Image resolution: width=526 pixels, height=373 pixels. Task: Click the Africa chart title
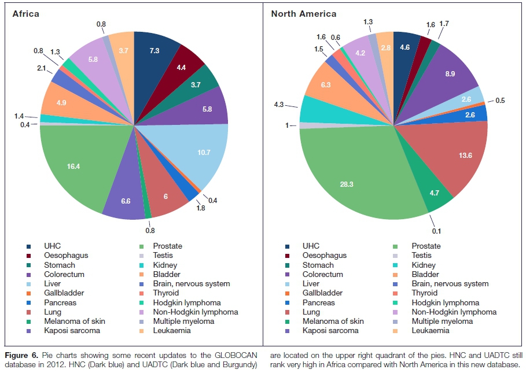26,13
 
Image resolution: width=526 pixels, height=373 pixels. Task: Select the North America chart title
303,13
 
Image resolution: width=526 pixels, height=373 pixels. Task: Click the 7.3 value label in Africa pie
154,51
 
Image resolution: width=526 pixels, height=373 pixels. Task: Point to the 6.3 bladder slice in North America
326,85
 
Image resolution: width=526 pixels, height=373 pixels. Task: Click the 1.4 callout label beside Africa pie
18,116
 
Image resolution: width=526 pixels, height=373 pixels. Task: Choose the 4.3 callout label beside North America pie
278,105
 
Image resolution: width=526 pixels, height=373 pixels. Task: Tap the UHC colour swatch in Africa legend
30,246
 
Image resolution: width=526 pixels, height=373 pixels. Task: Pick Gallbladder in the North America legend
323,293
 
